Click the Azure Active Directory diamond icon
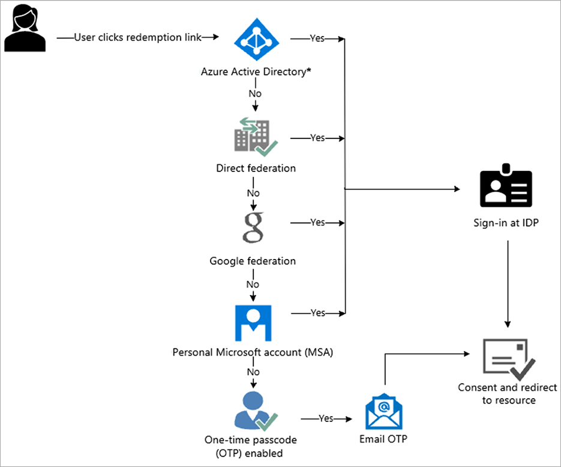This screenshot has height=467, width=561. pos(256,38)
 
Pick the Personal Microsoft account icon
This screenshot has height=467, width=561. pos(253,323)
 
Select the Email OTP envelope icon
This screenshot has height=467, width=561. pos(383,411)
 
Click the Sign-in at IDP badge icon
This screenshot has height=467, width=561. pos(506,188)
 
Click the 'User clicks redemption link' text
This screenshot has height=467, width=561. pos(137,38)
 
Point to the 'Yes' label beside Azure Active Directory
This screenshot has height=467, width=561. pos(317,38)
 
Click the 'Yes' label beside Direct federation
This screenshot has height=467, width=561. pos(317,138)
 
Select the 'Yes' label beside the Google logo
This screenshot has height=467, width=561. pos(317,222)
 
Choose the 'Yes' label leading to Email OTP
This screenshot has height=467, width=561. pos(326,418)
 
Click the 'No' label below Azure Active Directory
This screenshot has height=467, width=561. pos(255,94)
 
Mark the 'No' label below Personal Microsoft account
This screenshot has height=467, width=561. pos(253,372)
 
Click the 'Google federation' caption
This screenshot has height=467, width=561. pos(253,261)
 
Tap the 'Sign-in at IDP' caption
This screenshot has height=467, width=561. pos(505,226)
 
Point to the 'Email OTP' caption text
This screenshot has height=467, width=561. pos(383,439)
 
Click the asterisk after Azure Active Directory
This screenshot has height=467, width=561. pos(308,71)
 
